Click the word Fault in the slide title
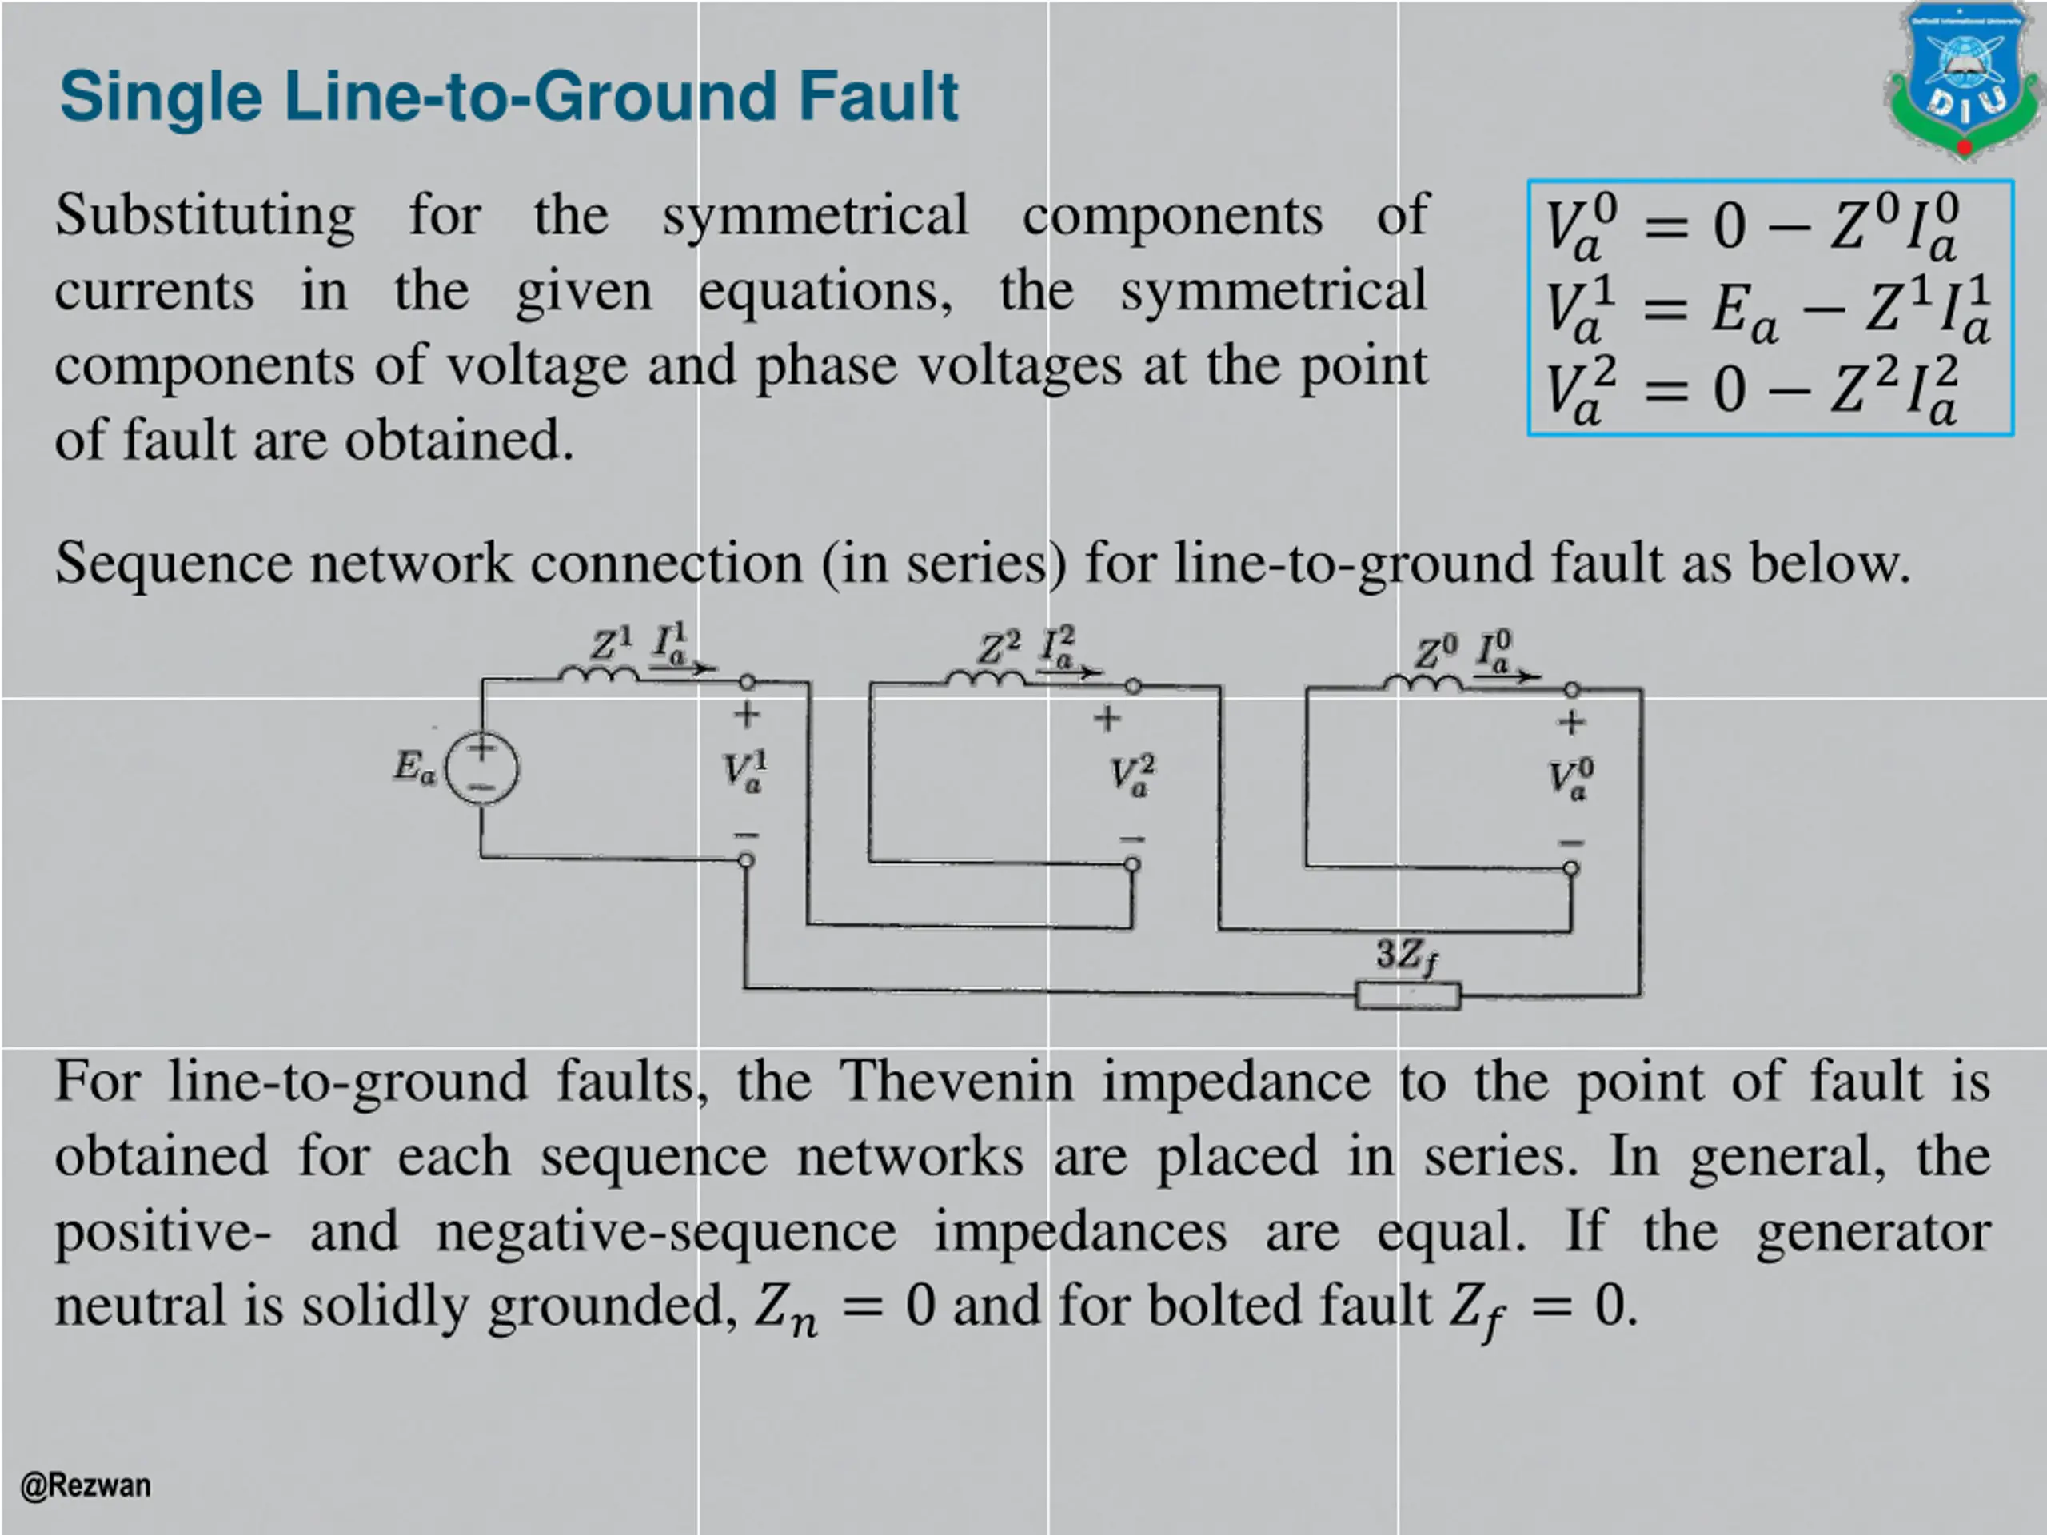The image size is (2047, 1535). (x=878, y=96)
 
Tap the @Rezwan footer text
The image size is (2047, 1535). (x=85, y=1485)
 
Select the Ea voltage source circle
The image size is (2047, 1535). (x=482, y=768)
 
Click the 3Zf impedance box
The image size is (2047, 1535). (x=1407, y=995)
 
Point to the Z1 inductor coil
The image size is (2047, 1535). (x=598, y=676)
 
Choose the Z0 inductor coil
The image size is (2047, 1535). (x=1423, y=684)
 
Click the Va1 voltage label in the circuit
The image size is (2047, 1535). (x=745, y=772)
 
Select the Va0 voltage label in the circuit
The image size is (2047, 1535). (x=1571, y=779)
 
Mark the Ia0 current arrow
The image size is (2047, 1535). (x=1506, y=676)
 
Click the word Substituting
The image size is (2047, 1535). (x=205, y=216)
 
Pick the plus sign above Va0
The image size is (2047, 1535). (x=1570, y=722)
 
